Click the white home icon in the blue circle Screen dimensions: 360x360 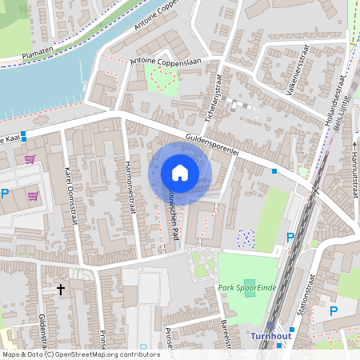(180, 173)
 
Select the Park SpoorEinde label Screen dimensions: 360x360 (243, 286)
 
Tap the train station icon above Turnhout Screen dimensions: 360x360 (271, 325)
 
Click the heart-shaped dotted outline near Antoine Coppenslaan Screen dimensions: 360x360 (164, 78)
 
